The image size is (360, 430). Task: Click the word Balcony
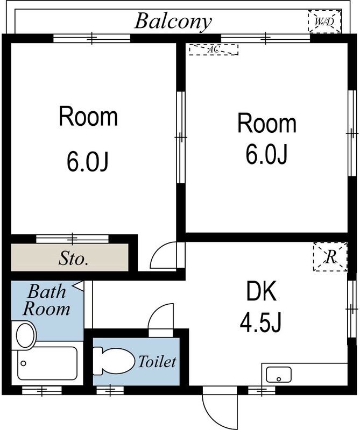point(173,21)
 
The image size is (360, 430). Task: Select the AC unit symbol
point(213,49)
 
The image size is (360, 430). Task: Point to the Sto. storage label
point(73,259)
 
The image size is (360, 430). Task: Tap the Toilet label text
point(157,362)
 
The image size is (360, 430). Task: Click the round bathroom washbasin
point(25,335)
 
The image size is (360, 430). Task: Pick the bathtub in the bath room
point(47,364)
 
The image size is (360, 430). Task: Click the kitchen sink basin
point(279,374)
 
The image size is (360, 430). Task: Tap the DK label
point(261,293)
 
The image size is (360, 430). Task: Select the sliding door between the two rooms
point(181,138)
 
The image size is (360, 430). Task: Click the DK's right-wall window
point(352,309)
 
